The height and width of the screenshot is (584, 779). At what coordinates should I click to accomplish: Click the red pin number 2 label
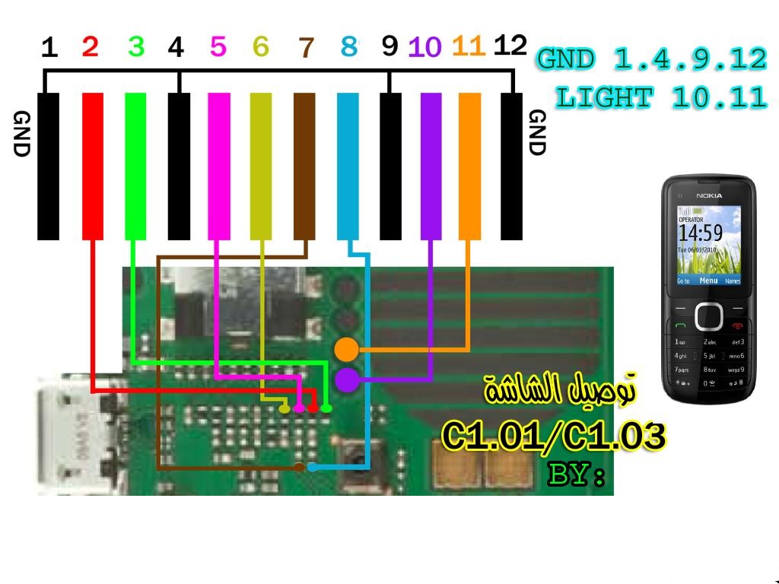(90, 47)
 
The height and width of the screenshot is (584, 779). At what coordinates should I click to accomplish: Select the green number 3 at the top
(136, 47)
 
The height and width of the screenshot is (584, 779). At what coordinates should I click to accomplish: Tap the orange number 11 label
(468, 47)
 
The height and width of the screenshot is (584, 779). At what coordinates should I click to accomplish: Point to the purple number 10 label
(424, 48)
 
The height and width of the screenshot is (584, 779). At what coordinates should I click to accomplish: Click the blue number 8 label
(348, 47)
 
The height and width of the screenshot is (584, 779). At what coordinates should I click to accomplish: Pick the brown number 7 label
(306, 48)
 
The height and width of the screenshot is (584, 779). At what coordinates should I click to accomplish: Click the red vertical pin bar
(92, 166)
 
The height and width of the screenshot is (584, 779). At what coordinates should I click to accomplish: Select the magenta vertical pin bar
(218, 166)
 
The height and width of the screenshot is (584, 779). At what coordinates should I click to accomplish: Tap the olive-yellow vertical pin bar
(261, 166)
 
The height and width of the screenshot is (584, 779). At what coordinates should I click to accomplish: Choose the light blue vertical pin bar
(348, 166)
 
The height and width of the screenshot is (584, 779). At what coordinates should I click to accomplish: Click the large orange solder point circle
(346, 349)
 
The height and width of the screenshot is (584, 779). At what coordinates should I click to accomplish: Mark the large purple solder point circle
(346, 379)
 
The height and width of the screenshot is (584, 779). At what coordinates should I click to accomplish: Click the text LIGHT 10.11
(660, 97)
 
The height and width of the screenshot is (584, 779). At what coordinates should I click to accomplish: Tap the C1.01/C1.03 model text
(554, 436)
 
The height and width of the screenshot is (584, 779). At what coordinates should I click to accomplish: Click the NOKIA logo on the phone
(708, 196)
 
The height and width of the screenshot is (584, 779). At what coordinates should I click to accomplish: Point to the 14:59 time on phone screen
(700, 231)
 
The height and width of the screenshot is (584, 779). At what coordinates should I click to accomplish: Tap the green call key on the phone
(680, 326)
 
